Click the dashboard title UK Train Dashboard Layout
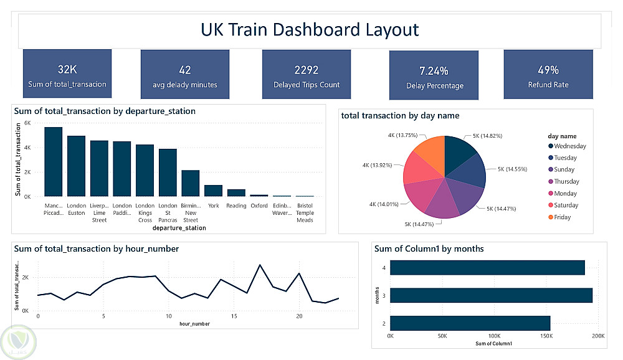[x=310, y=30]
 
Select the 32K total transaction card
[x=67, y=74]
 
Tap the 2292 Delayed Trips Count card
[x=306, y=74]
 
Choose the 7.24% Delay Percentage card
[x=434, y=76]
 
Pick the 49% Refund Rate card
[x=548, y=74]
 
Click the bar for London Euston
[x=76, y=166]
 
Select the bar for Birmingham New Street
[x=191, y=183]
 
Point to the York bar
[x=214, y=191]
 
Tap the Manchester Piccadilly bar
[x=54, y=161]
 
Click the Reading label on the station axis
[x=236, y=206]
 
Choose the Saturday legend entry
[x=565, y=206]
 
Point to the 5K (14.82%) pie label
[x=486, y=136]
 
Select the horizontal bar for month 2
[x=470, y=323]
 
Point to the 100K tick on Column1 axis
[x=494, y=336]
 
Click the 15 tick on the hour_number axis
[x=234, y=316]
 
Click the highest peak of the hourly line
[x=259, y=265]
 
